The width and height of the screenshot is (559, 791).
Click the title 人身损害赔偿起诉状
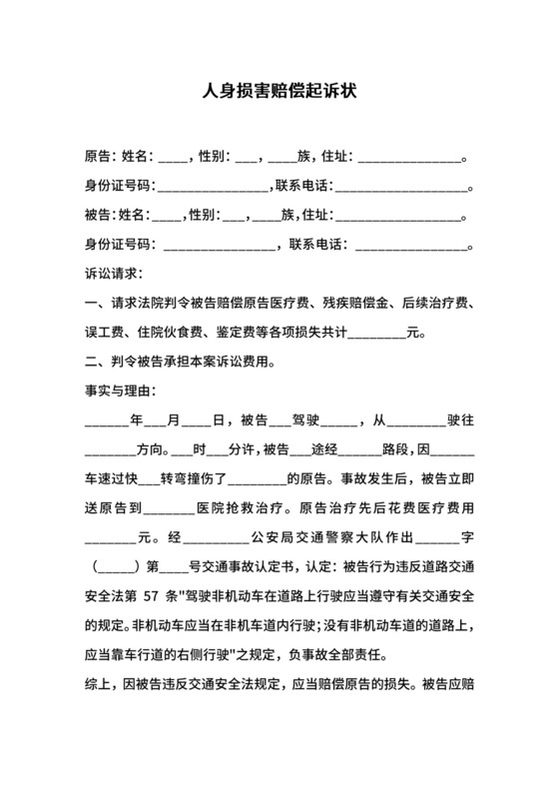tap(279, 91)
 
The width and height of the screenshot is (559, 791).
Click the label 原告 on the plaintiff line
tap(99, 157)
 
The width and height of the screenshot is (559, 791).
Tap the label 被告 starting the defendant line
tap(99, 214)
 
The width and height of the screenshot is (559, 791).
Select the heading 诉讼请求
tap(114, 272)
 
